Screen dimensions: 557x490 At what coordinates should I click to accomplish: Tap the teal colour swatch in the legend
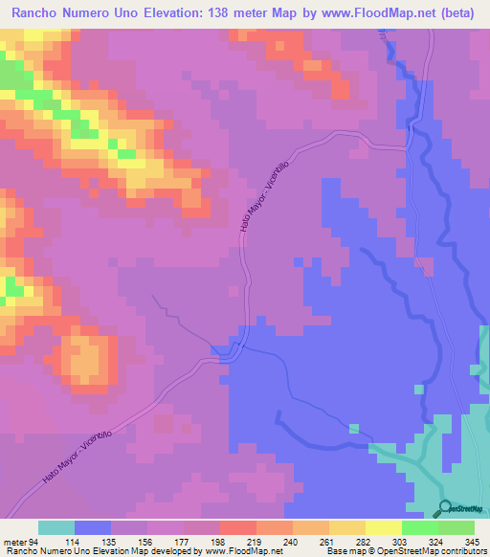point(56,527)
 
